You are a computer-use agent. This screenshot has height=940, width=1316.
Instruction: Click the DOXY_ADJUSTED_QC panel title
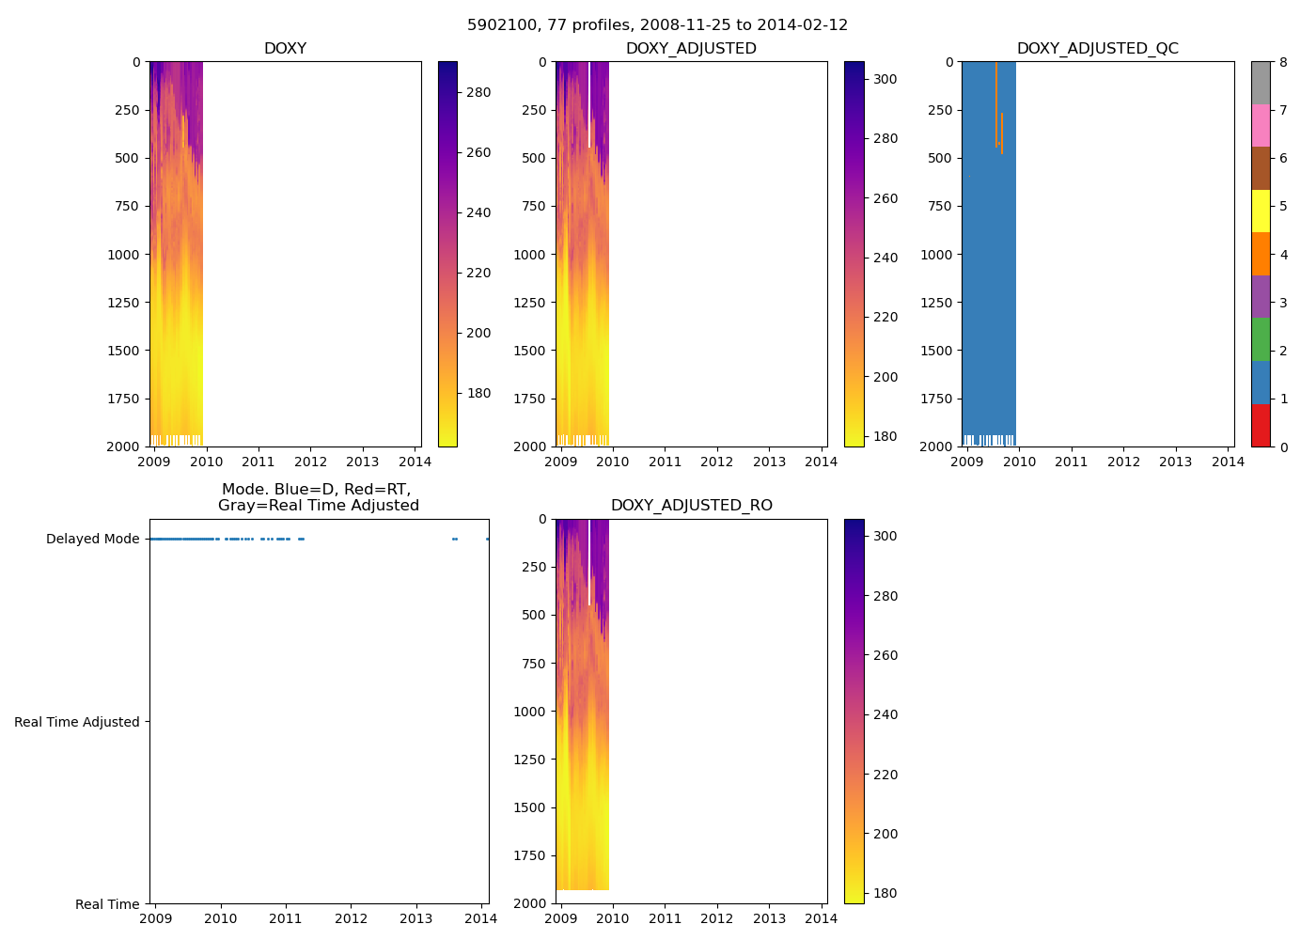[x=1097, y=49]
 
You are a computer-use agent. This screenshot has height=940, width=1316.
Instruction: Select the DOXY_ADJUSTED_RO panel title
[x=691, y=506]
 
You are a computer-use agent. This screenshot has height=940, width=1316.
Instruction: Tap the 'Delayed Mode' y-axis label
[x=92, y=539]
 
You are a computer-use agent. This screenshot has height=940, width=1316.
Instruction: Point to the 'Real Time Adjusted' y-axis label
[x=77, y=722]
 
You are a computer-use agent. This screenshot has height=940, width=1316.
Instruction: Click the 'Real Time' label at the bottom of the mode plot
[x=107, y=904]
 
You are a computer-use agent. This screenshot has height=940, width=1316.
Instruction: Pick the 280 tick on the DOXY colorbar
[x=478, y=92]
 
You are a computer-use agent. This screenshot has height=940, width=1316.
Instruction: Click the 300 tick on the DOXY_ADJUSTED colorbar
[x=885, y=79]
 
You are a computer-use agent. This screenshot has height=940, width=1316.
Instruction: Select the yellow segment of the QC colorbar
[x=1261, y=211]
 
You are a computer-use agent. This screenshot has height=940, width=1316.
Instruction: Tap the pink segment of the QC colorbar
[x=1261, y=125]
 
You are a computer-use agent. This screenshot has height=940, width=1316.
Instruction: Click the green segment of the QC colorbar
[x=1261, y=339]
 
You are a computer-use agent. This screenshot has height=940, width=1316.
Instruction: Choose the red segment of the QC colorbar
[x=1261, y=425]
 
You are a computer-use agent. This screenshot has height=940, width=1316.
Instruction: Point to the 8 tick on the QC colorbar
[x=1283, y=62]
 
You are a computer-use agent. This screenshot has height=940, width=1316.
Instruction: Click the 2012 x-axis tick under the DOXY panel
[x=310, y=462]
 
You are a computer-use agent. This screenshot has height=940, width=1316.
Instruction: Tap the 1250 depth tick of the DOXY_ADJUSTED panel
[x=529, y=303]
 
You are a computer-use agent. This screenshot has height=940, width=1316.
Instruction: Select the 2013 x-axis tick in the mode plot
[x=415, y=918]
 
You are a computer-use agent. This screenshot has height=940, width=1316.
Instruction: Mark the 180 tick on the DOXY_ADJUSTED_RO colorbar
[x=885, y=893]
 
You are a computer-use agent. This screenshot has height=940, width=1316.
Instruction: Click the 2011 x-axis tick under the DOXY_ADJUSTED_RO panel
[x=665, y=918]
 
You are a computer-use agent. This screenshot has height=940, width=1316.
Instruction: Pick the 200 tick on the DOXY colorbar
[x=478, y=333]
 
